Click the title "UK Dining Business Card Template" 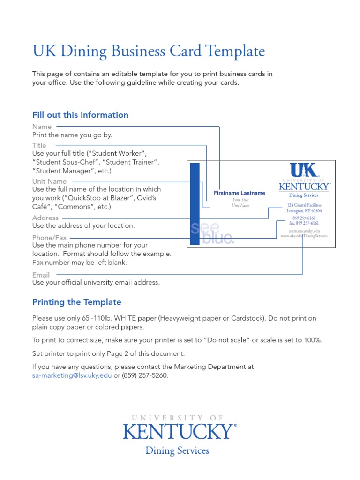pyautogui.click(x=149, y=52)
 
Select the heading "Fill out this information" pyautogui.click(x=80, y=115)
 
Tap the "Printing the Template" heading pyautogui.click(x=76, y=302)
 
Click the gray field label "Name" pyautogui.click(x=42, y=127)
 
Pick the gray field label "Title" pyautogui.click(x=39, y=146)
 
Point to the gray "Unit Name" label pyautogui.click(x=49, y=181)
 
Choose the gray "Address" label pyautogui.click(x=45, y=217)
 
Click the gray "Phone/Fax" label pyautogui.click(x=49, y=238)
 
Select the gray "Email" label pyautogui.click(x=41, y=275)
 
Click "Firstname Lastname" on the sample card pyautogui.click(x=239, y=193)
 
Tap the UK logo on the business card pyautogui.click(x=304, y=171)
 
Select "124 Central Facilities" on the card pyautogui.click(x=304, y=205)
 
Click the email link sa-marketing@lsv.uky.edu pyautogui.click(x=72, y=376)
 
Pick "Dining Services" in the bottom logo pyautogui.click(x=177, y=451)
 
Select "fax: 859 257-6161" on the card pyautogui.click(x=304, y=223)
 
